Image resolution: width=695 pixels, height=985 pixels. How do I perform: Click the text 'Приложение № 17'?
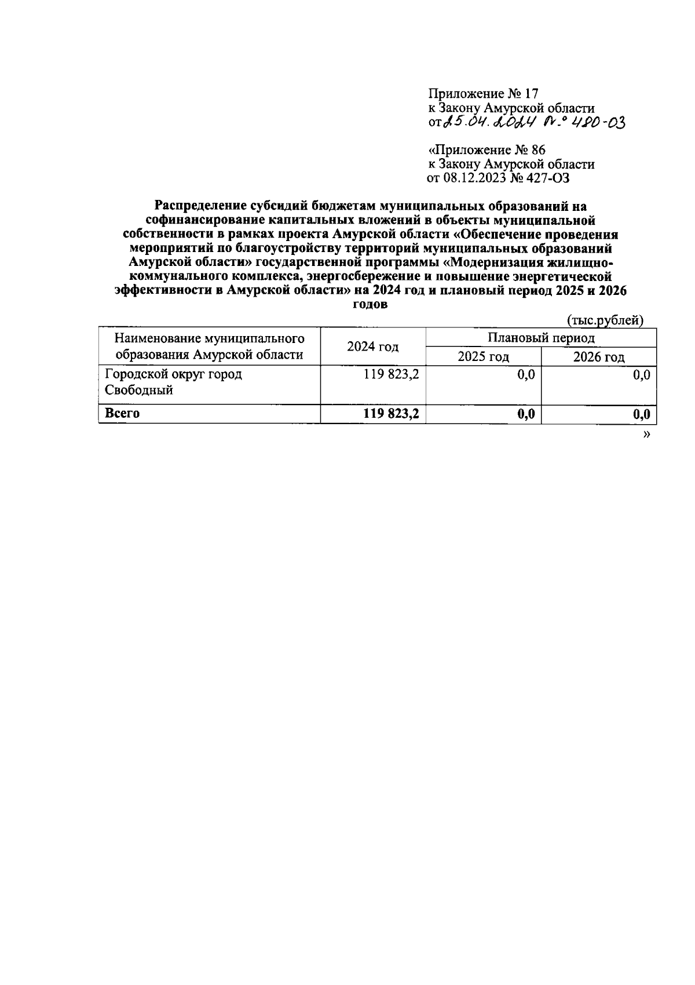pos(484,93)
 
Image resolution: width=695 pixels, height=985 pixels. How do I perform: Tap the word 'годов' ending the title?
pos(370,305)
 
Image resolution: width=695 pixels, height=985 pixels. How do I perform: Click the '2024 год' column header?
pos(372,346)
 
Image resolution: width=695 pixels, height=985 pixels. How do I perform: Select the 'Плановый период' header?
pos(540,338)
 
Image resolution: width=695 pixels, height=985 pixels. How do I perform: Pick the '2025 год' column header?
pos(483,356)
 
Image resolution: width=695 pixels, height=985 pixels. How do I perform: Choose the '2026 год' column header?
pos(598,356)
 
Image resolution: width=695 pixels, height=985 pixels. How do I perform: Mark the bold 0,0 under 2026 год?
pos(641,414)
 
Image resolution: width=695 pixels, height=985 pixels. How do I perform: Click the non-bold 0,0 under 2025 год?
pos(525,375)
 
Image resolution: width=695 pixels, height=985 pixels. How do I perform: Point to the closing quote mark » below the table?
pos(646,434)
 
